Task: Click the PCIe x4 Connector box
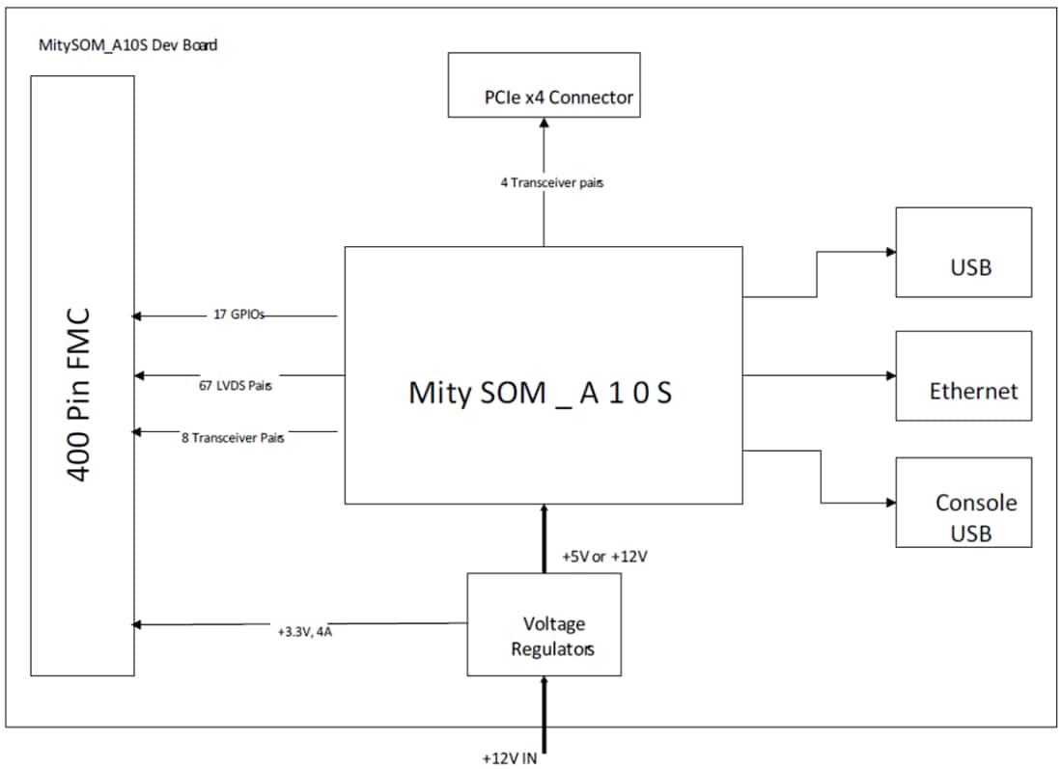click(544, 85)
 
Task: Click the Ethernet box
click(964, 376)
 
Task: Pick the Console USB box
click(964, 503)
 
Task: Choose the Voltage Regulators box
click(544, 624)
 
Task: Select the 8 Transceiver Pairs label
click(233, 437)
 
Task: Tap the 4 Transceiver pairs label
click(552, 182)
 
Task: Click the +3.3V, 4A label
click(303, 633)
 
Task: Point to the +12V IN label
click(509, 757)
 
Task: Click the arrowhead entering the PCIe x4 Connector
click(544, 124)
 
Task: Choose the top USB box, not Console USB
click(964, 253)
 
